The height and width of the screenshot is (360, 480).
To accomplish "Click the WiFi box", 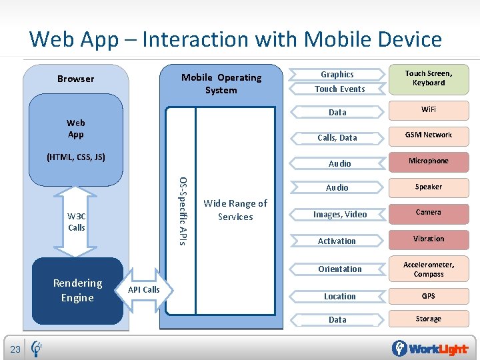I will tap(428, 109).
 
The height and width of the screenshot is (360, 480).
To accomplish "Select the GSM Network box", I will tap(428, 135).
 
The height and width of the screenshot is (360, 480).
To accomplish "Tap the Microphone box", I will tap(428, 161).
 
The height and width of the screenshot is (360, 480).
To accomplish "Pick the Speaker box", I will tap(428, 187).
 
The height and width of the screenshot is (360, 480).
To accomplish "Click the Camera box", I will tap(428, 213).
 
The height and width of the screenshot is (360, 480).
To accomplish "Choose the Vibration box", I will tap(428, 239).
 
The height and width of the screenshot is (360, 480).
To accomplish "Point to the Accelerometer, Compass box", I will tap(428, 269).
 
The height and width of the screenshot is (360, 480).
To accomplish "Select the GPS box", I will tap(428, 296).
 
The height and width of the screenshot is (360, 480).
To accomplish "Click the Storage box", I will tap(428, 319).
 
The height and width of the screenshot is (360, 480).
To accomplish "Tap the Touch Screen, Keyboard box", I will tap(428, 79).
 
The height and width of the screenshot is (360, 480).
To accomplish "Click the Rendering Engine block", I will tap(77, 291).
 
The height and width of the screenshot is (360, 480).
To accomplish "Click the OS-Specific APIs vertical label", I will tap(183, 210).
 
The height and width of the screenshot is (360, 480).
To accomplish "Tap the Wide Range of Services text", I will tap(235, 210).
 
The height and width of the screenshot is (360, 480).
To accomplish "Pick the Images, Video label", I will tap(340, 215).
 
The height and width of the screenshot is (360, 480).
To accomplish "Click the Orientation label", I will tap(340, 269).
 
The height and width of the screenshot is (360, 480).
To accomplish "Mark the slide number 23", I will tap(15, 349).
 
